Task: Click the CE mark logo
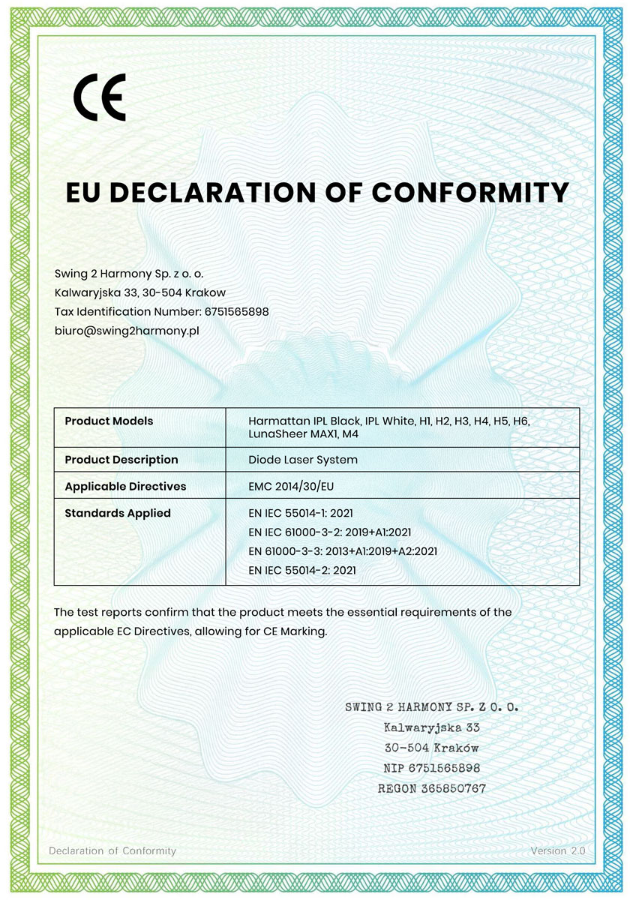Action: (99, 97)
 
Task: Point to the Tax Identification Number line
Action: (162, 311)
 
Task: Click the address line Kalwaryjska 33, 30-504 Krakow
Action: (140, 292)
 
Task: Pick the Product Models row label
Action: (109, 421)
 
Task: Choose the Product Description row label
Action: (121, 459)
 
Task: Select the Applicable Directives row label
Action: (125, 486)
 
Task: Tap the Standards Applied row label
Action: (118, 513)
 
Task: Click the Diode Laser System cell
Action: (303, 459)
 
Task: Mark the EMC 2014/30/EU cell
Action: (291, 486)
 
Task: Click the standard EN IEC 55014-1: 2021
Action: (301, 513)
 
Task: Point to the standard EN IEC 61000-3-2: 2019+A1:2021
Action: (330, 532)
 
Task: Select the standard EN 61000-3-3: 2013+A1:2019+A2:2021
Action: (343, 551)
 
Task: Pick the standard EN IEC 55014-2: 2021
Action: (301, 570)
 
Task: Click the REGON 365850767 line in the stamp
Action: (432, 788)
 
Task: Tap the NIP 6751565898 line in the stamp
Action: (432, 768)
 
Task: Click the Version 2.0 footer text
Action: (557, 850)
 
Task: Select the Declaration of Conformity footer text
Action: (112, 850)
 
